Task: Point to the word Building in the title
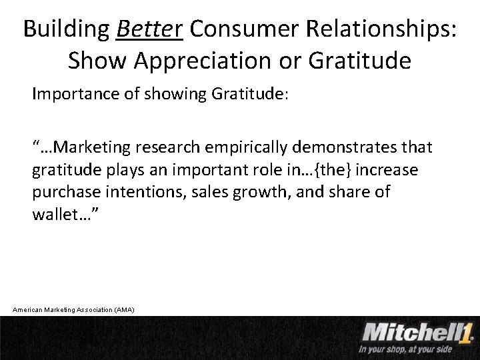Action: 66,29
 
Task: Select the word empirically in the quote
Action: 249,146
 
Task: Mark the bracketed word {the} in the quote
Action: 341,170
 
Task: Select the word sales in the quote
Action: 198,193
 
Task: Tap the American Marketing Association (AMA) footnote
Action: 74,309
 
